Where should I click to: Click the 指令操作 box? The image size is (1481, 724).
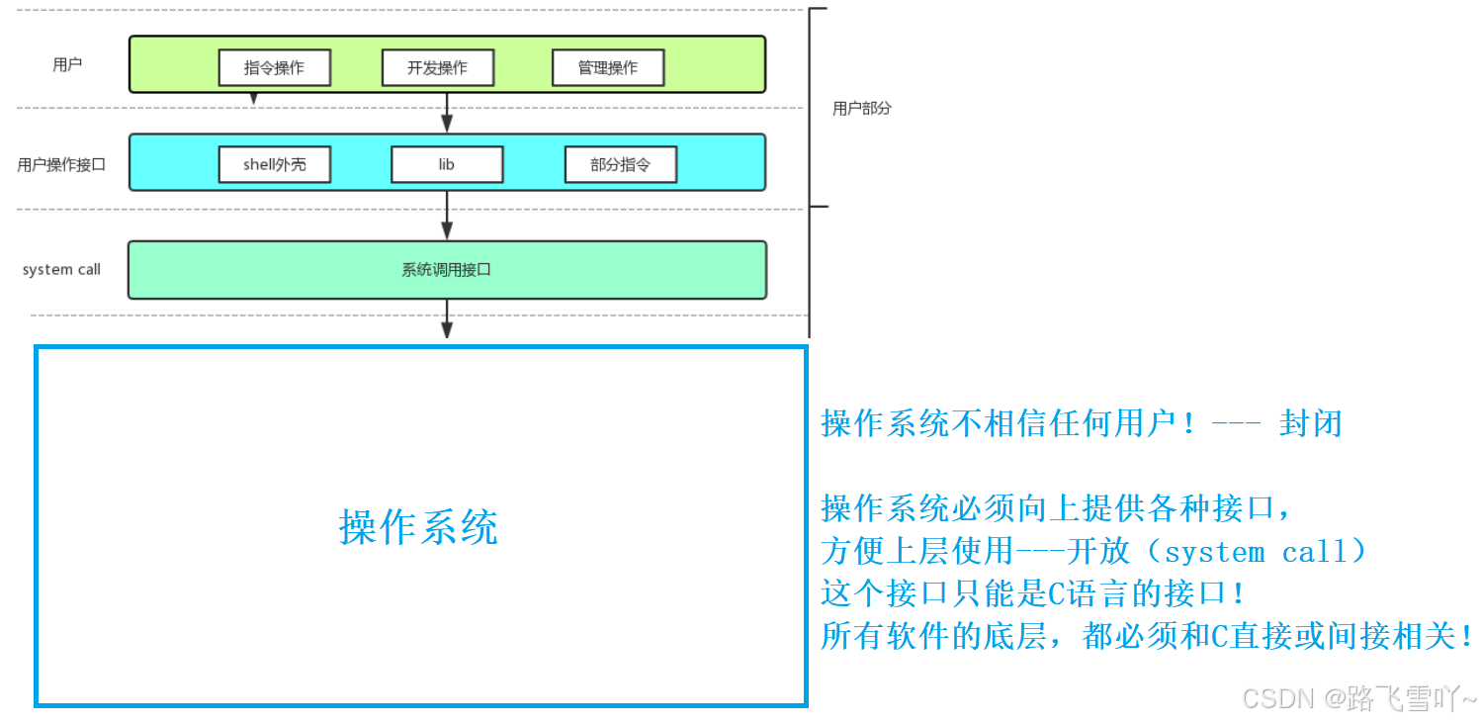tap(274, 68)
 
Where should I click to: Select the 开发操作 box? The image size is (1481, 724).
tap(437, 68)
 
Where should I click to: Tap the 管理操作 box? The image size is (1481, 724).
tap(607, 68)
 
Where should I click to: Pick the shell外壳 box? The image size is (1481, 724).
tap(274, 165)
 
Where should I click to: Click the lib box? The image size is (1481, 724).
tap(447, 165)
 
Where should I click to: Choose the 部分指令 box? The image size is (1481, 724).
tap(620, 165)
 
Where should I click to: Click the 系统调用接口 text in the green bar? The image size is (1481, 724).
tap(446, 269)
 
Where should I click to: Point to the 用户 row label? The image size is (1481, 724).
tap(67, 65)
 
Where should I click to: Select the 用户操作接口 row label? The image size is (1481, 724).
tap(61, 165)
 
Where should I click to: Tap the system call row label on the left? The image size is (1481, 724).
tap(61, 269)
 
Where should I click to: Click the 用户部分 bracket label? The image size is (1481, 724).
tap(861, 108)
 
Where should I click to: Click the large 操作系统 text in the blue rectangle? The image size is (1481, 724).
tap(418, 527)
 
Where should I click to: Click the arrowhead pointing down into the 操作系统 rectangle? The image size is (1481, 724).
tap(447, 330)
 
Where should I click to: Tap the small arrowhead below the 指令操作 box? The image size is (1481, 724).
tap(254, 98)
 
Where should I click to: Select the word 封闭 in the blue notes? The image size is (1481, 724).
tap(1310, 423)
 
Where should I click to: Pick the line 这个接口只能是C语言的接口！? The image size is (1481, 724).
tap(1033, 593)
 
